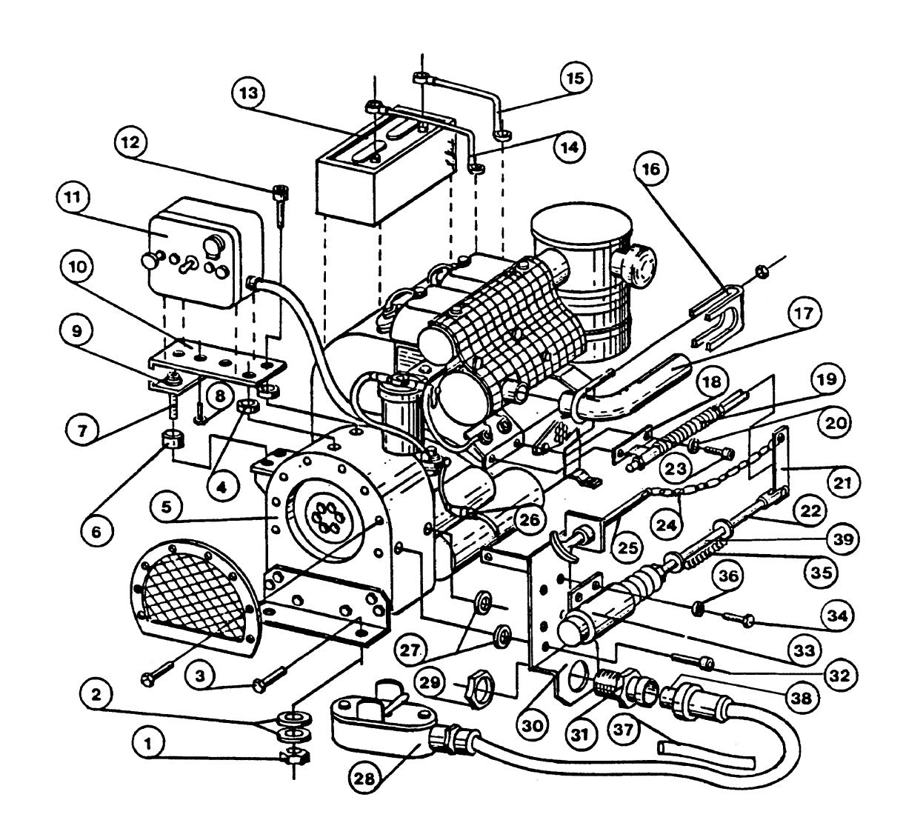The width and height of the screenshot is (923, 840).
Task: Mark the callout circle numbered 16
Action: click(x=652, y=169)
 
